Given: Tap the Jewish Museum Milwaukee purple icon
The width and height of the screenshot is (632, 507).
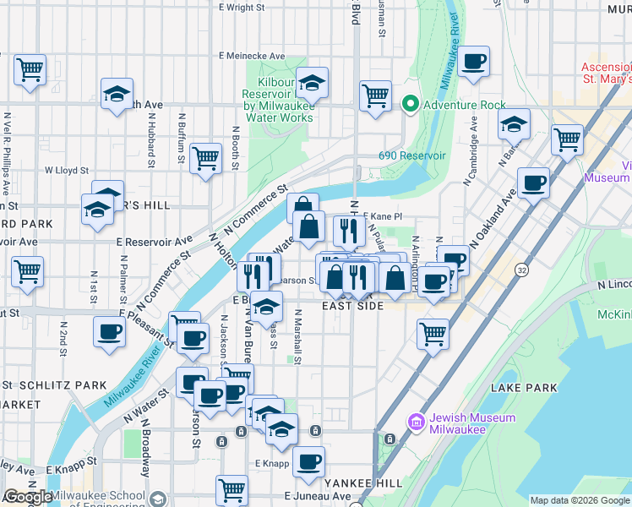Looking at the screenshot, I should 415,422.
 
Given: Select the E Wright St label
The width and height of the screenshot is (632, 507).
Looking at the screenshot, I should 242,8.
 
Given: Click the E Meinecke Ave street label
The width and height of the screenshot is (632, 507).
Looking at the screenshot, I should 251,56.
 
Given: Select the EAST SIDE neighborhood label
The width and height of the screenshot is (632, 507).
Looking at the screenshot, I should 351,306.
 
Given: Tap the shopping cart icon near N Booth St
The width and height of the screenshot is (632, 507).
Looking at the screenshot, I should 206,158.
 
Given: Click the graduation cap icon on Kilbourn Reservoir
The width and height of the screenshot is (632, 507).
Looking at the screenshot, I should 313,83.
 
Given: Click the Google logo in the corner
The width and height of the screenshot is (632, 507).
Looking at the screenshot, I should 27,497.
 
